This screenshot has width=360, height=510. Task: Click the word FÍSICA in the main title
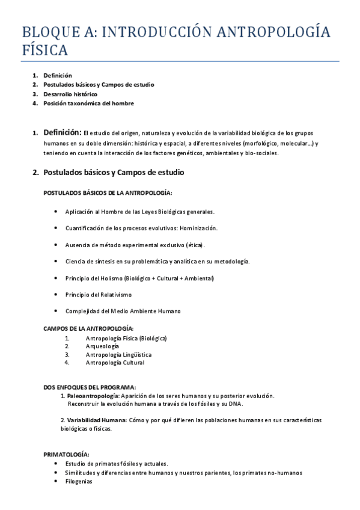[x=44, y=49]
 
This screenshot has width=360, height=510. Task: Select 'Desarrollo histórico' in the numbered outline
[x=70, y=94]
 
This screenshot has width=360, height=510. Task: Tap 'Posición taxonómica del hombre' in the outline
[x=88, y=103]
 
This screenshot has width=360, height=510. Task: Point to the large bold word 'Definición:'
[x=62, y=132]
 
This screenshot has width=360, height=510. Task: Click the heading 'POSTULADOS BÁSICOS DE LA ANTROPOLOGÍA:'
[x=108, y=192]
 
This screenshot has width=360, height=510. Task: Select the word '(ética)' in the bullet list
[x=195, y=245]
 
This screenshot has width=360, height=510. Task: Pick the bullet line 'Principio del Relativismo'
[x=98, y=295]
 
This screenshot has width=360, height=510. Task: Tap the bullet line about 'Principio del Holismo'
[x=139, y=278]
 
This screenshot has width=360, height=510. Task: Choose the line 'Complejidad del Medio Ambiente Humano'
[x=123, y=311]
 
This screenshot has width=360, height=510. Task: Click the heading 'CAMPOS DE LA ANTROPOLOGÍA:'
[x=88, y=328]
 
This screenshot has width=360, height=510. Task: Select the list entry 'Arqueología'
[x=102, y=346]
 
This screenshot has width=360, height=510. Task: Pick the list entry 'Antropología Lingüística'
[x=118, y=354]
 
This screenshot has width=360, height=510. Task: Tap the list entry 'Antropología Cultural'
[x=115, y=363]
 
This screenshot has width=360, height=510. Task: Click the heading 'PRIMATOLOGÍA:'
[x=66, y=454]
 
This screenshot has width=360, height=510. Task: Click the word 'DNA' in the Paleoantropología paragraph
[x=235, y=404]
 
